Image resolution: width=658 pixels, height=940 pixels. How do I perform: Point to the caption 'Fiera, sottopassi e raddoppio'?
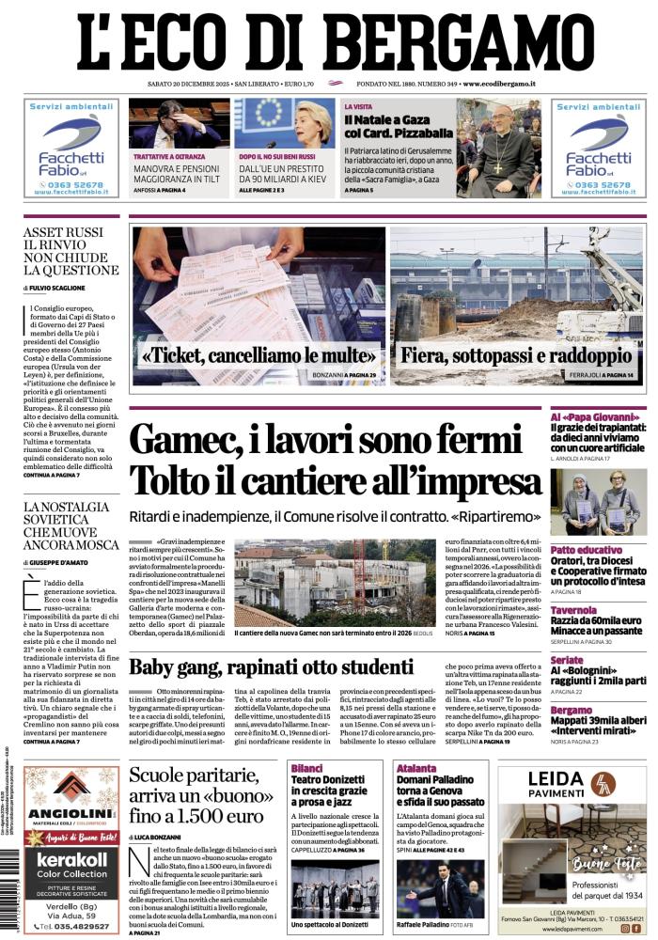tap(516, 357)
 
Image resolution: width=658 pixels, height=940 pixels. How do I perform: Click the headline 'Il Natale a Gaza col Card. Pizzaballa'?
tap(399, 127)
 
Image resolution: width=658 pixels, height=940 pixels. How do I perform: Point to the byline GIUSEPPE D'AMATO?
tap(70, 562)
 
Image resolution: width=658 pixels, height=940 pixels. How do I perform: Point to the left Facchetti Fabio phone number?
tap(71, 186)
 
